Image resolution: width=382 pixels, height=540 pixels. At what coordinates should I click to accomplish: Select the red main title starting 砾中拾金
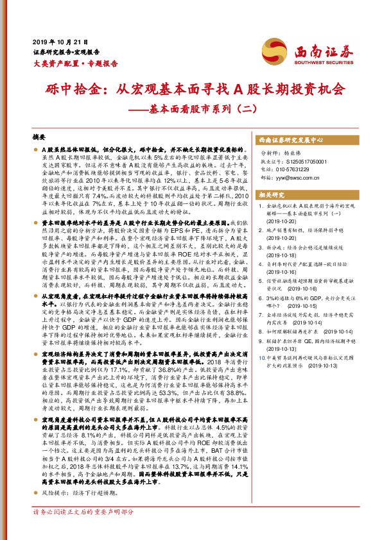[190, 89]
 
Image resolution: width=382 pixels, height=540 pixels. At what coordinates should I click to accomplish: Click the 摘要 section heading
[39, 137]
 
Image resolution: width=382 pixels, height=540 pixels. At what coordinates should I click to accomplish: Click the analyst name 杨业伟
[302, 153]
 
